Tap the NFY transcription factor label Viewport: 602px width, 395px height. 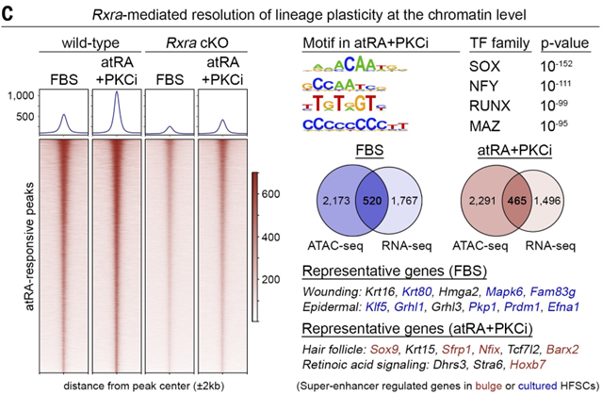pos(484,86)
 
